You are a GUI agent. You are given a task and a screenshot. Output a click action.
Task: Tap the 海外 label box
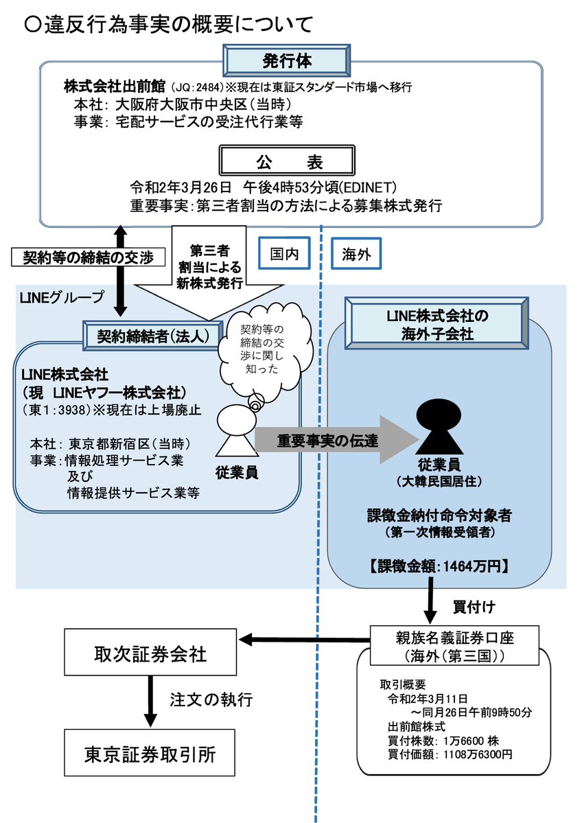coord(356,254)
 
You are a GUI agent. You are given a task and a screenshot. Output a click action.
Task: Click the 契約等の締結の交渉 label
coord(89,257)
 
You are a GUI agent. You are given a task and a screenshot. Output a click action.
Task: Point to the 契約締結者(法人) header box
coord(156,336)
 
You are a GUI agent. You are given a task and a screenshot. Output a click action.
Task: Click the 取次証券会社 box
coord(150,653)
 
